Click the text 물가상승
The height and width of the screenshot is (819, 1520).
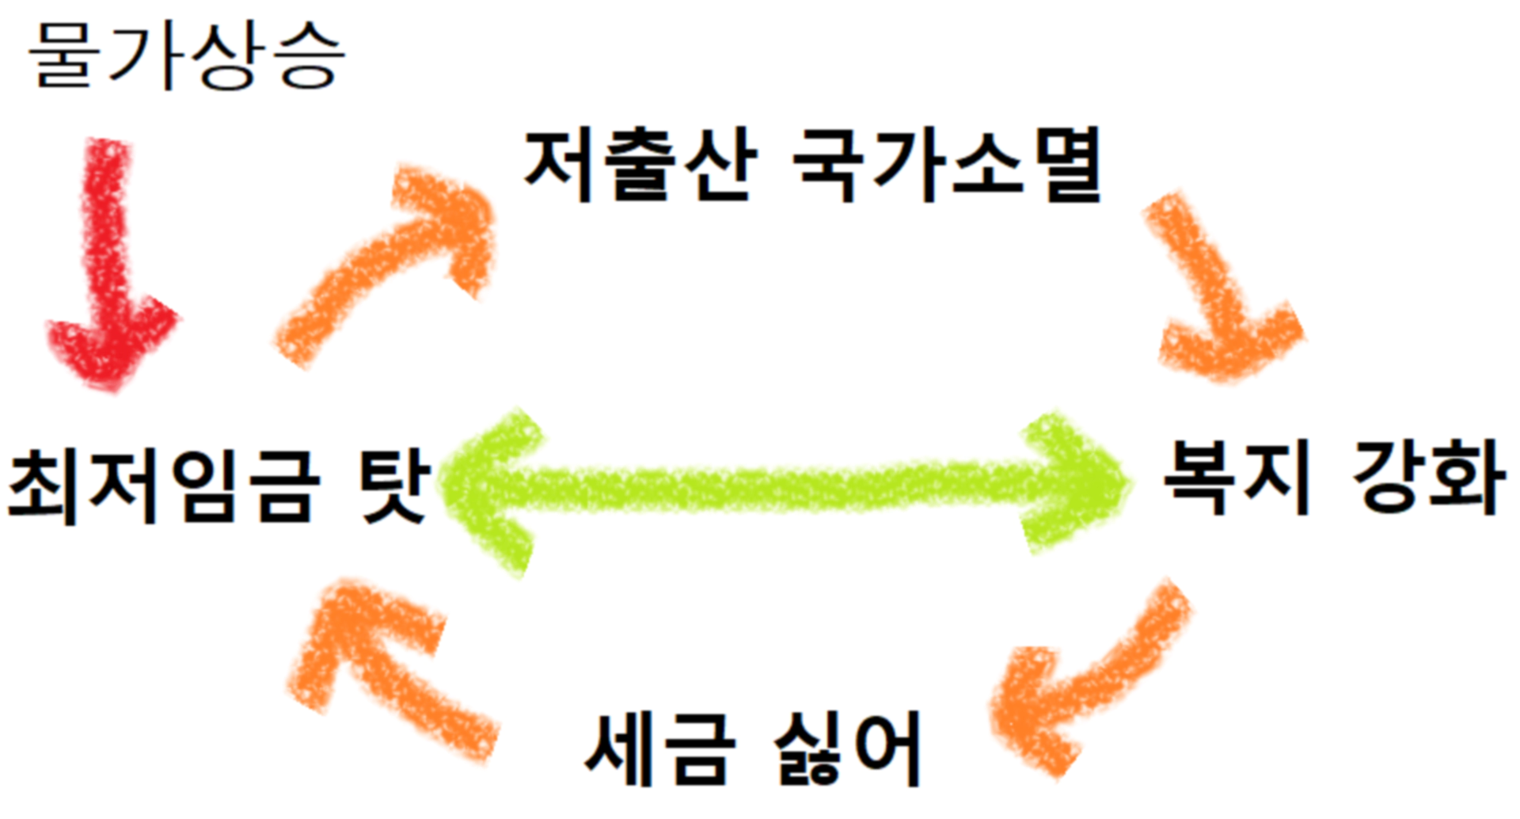click(187, 55)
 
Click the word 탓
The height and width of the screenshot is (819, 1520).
click(394, 485)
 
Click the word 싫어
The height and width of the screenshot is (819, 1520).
click(847, 749)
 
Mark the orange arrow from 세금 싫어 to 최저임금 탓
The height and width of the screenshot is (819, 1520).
click(380, 665)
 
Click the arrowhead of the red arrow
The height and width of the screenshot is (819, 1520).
click(111, 341)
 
